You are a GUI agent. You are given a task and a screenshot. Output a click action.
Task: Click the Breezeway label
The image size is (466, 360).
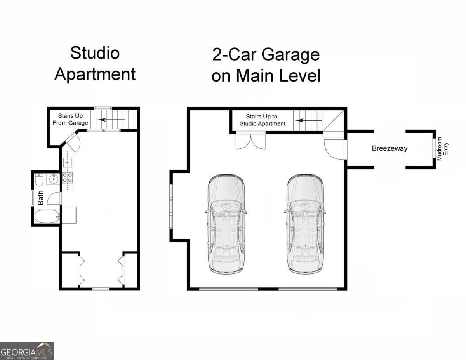[389, 148]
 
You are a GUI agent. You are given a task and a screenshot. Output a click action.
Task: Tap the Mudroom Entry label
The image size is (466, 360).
[442, 149]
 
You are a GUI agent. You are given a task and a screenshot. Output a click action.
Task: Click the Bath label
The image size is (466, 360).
[40, 197]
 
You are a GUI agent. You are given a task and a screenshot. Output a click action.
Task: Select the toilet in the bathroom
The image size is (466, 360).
[39, 180]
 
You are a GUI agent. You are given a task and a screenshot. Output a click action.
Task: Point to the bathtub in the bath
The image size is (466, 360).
[47, 216]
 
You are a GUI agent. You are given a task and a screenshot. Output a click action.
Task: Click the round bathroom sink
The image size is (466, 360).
[53, 178]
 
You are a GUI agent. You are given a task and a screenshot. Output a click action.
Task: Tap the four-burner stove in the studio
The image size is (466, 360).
[67, 177]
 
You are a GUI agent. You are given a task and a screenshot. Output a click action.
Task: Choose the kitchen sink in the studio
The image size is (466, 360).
[67, 162]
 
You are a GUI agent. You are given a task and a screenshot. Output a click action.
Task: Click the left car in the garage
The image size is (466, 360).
[226, 224]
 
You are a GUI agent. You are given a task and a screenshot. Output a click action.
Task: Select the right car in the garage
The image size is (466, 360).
[305, 224]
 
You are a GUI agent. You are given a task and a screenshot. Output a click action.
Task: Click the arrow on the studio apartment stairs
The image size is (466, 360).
[111, 120]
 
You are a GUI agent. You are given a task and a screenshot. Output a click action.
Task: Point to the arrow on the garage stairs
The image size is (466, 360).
[309, 120]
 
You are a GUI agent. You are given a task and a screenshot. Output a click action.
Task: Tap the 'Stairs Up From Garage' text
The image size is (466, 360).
[70, 119]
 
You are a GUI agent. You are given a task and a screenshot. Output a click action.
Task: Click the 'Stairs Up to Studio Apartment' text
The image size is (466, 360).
[262, 120]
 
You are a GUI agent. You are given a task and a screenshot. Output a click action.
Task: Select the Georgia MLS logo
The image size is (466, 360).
[27, 351]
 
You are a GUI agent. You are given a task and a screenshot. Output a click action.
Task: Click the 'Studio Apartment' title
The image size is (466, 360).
[95, 63]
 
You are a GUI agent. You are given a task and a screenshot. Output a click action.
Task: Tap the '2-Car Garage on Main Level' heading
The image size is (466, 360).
[266, 65]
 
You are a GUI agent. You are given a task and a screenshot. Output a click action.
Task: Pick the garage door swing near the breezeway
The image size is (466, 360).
[334, 149]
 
